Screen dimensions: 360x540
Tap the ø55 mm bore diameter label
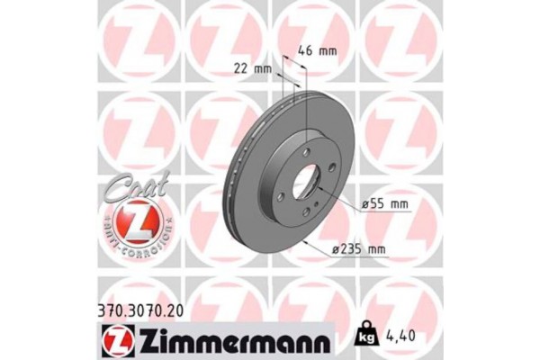pos(383,205)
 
